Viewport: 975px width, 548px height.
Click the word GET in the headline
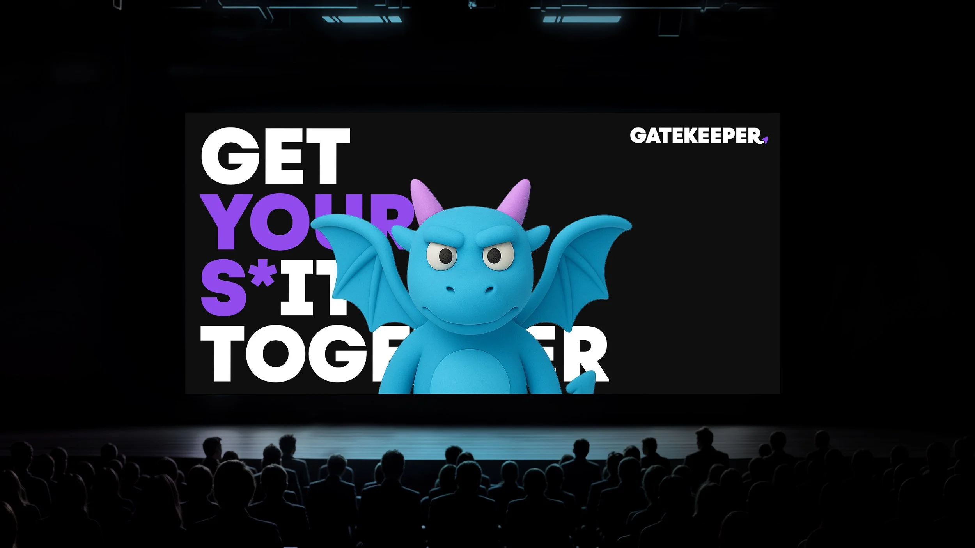[275, 156]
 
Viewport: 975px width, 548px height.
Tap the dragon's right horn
[517, 199]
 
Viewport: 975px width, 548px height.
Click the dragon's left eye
[445, 256]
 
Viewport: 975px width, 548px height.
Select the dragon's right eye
[494, 256]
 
